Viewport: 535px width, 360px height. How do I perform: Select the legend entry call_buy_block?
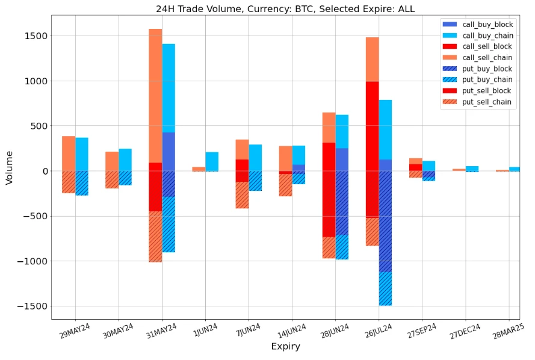click(x=487, y=25)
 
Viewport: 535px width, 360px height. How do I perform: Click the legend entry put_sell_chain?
click(x=487, y=102)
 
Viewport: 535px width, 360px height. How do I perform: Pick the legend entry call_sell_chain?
click(x=487, y=58)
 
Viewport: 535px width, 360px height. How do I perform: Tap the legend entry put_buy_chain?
click(x=487, y=79)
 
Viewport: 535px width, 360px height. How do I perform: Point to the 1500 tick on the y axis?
click(x=36, y=36)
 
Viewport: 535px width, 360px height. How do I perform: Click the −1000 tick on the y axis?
click(x=32, y=261)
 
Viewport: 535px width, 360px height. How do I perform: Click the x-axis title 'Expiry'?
click(x=285, y=347)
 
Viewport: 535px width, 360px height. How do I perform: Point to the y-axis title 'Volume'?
click(x=10, y=167)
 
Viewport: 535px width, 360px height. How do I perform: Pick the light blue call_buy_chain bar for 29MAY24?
click(x=82, y=154)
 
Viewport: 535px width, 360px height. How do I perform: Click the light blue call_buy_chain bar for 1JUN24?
click(x=212, y=161)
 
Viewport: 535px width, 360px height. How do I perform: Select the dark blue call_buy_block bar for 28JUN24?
click(x=342, y=160)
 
